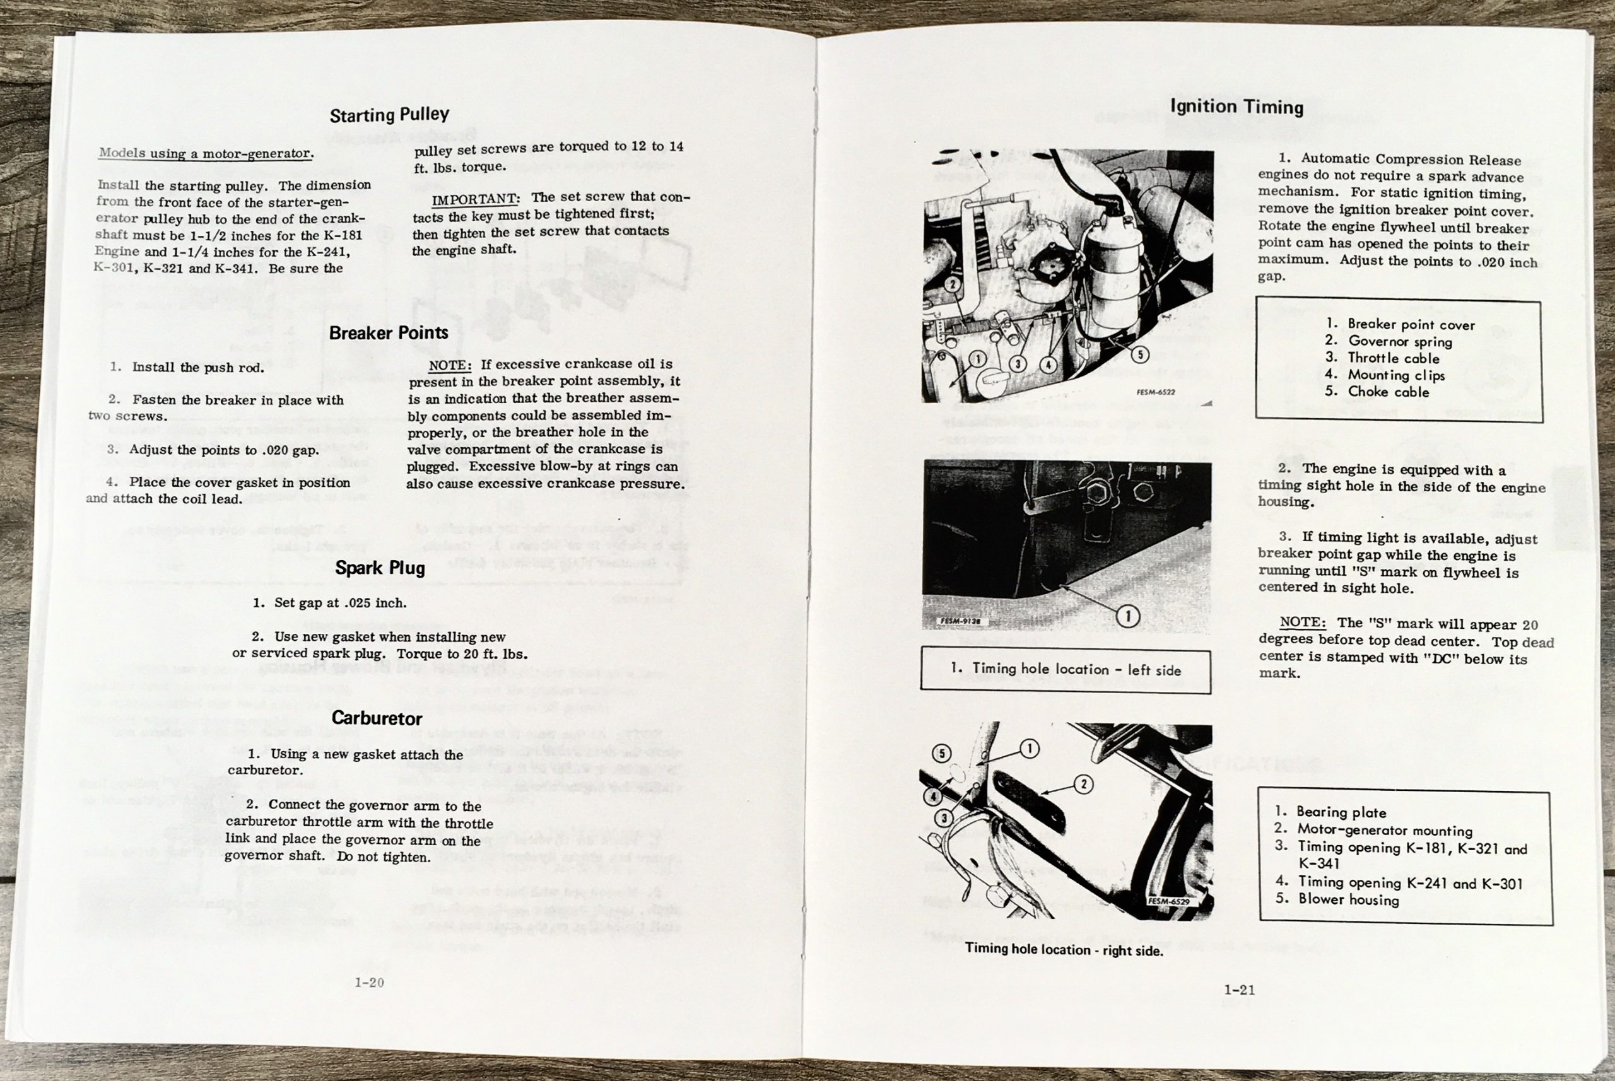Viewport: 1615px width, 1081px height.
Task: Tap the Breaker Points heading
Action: point(388,333)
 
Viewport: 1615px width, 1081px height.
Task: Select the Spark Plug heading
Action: point(379,568)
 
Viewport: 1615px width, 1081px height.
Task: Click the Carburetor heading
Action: point(377,718)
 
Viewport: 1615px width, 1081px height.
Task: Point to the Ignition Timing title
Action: point(1236,107)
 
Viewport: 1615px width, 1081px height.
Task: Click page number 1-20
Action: point(369,983)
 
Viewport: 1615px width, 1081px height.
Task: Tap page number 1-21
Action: point(1239,990)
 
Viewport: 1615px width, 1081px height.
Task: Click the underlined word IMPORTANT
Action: point(475,199)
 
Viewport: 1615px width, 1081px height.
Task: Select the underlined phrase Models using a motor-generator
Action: point(206,153)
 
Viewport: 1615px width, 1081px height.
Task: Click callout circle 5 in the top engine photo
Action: point(1139,354)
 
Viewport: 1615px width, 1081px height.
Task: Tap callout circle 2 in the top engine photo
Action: point(953,284)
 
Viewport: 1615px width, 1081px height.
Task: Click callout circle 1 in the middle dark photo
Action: point(1127,616)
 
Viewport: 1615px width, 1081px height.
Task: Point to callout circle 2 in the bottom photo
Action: point(1083,784)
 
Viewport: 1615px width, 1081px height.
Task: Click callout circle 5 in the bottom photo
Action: point(942,753)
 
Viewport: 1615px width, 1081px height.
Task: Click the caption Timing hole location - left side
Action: point(1066,669)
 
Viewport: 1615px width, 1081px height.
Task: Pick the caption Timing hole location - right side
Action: point(1064,949)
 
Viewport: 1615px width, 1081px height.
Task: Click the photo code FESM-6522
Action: point(1155,392)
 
